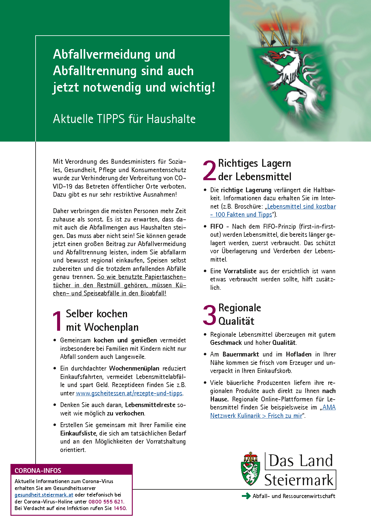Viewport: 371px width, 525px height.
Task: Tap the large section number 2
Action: (210, 170)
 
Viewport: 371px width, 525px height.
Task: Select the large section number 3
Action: (210, 315)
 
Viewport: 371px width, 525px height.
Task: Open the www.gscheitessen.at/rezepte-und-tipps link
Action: (129, 393)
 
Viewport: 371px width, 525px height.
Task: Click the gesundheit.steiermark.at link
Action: (44, 495)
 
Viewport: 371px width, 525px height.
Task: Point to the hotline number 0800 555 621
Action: (106, 502)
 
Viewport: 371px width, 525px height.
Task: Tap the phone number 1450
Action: (120, 508)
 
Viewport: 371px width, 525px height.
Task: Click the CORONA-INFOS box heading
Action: (38, 471)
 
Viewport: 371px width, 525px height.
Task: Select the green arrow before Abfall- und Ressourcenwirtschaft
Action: (246, 496)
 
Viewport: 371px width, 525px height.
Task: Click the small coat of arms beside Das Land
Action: (251, 469)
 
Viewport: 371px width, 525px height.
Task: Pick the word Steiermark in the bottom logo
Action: (299, 480)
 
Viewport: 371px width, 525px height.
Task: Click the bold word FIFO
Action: (217, 227)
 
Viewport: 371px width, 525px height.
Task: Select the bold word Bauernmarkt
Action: (241, 354)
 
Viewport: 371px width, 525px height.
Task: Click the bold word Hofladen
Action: (299, 354)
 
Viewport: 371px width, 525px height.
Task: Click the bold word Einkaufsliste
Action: (78, 433)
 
